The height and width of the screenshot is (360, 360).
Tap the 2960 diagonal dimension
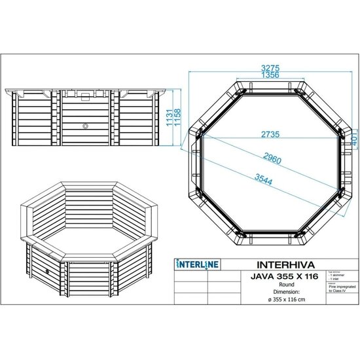point(268,157)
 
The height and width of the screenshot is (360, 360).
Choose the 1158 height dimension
point(178,118)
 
